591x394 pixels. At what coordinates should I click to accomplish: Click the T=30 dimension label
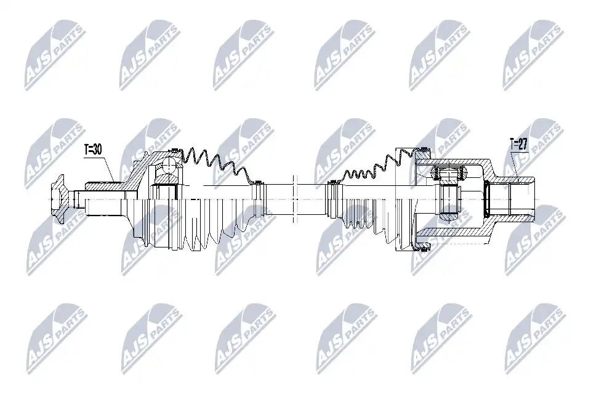coord(93,150)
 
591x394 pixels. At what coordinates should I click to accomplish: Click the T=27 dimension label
coord(519,144)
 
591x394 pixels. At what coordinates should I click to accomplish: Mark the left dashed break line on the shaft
coord(293,199)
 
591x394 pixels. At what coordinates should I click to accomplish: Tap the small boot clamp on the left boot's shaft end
coord(258,183)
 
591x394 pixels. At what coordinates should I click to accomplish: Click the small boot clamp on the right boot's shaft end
coord(332,183)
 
